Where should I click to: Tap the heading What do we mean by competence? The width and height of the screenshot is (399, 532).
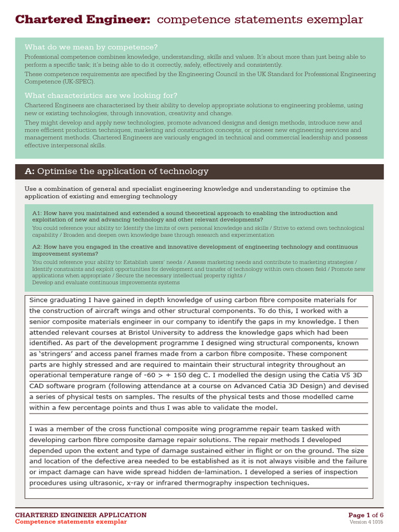[x=91, y=47]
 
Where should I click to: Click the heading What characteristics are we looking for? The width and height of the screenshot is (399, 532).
[x=101, y=96]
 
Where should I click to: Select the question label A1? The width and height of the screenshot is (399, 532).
[x=37, y=213]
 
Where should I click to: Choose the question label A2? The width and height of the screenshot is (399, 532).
[x=37, y=247]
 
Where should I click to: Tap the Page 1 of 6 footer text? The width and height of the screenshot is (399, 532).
[x=366, y=515]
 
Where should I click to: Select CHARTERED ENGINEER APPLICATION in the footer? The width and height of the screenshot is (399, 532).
[x=81, y=515]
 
